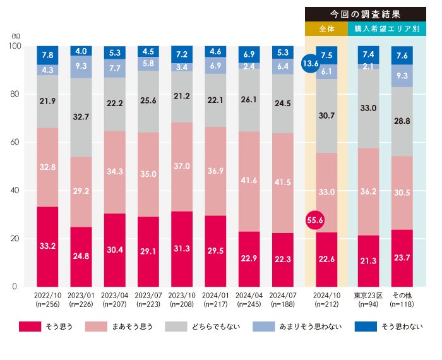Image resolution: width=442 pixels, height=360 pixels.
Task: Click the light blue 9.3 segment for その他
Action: click(x=402, y=76)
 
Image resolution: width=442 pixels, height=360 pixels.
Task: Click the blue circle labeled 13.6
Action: click(x=311, y=64)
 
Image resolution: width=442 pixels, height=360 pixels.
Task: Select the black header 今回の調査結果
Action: click(x=366, y=13)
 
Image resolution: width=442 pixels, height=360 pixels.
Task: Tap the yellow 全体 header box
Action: click(x=326, y=29)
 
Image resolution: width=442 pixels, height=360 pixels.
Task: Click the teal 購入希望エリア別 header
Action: click(x=388, y=29)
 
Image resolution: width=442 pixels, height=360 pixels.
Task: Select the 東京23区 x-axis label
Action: click(x=369, y=296)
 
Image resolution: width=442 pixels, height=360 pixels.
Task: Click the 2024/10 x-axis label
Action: click(x=326, y=296)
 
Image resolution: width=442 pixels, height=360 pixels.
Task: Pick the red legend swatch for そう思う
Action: click(x=30, y=327)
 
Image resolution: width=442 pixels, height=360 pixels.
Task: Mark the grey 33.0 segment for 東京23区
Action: click(x=369, y=108)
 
